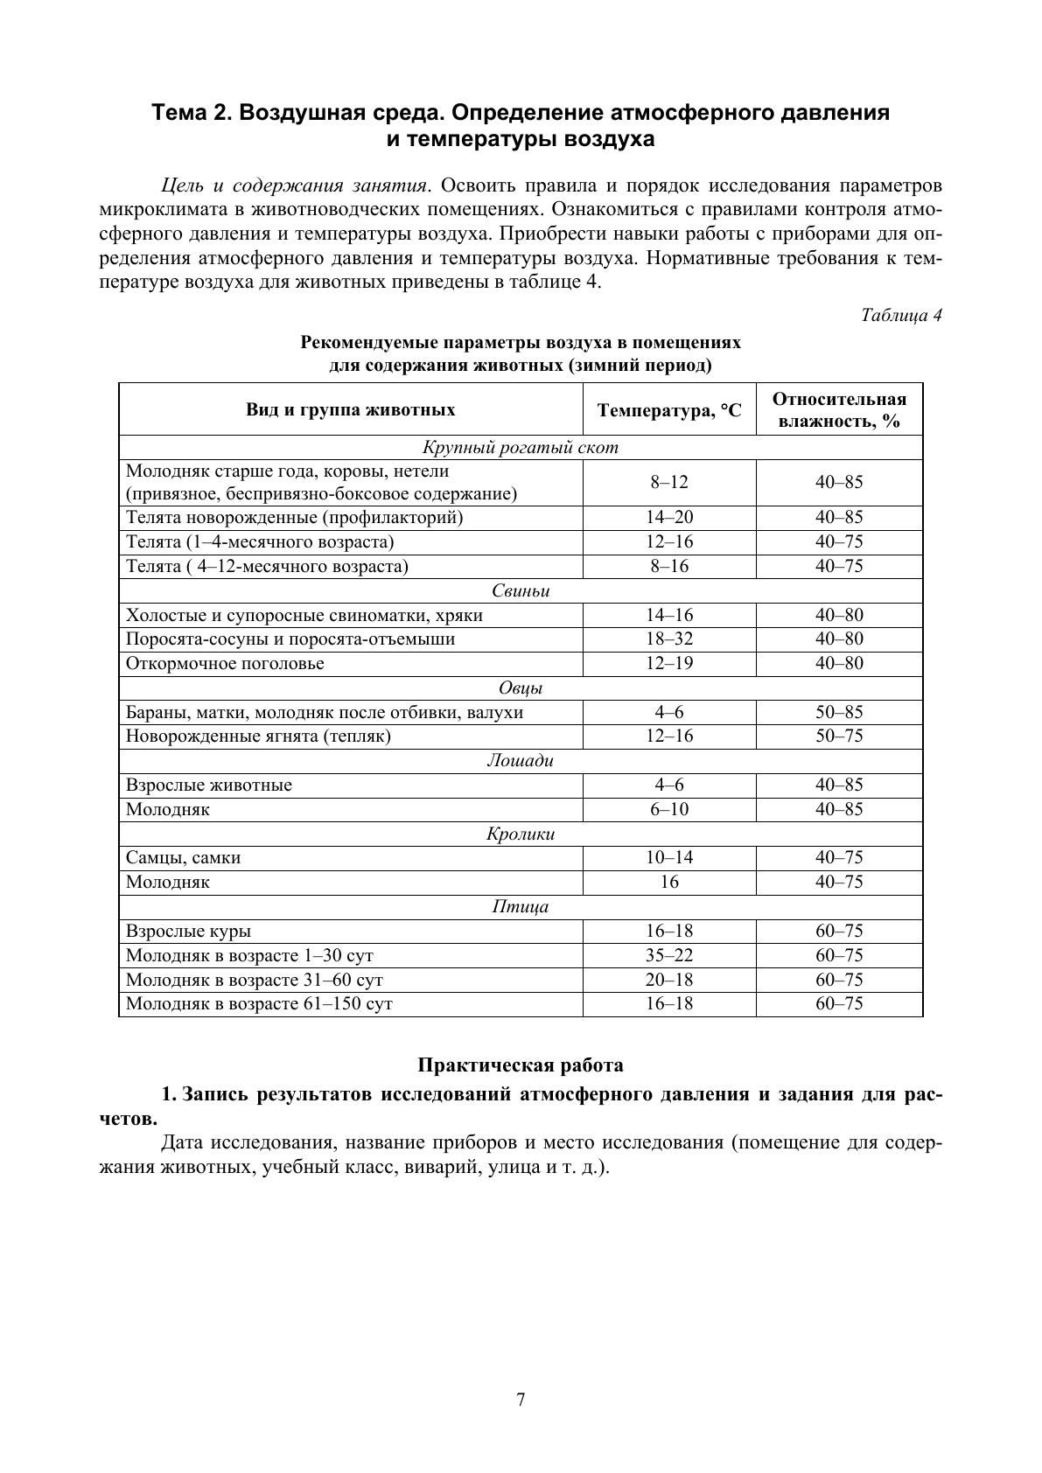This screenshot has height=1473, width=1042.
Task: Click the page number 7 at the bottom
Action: click(x=521, y=1400)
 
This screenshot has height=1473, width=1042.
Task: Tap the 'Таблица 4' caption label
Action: click(x=900, y=315)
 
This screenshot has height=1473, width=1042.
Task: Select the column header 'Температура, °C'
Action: click(x=669, y=410)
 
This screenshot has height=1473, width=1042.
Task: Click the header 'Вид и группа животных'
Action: click(x=350, y=410)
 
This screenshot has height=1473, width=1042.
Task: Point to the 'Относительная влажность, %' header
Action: click(x=839, y=410)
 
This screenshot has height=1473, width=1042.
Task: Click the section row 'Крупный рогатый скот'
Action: click(x=521, y=448)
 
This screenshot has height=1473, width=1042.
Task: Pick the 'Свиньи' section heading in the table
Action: click(x=521, y=591)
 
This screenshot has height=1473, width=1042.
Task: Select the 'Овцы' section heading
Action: click(x=521, y=688)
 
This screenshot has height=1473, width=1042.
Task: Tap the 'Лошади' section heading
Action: click(x=521, y=761)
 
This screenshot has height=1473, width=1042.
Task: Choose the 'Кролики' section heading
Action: click(x=521, y=834)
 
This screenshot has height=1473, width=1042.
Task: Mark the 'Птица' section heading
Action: click(x=521, y=907)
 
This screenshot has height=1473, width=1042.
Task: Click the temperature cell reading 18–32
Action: click(x=669, y=639)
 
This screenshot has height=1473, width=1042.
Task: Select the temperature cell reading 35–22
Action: click(x=669, y=956)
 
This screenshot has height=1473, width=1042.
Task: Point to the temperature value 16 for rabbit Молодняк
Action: click(x=669, y=883)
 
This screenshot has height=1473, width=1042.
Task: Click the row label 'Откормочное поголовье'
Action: click(x=225, y=664)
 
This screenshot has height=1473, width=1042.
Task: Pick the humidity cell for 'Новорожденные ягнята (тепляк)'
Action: click(x=839, y=736)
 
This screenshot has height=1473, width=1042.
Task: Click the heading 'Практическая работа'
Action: click(x=521, y=1065)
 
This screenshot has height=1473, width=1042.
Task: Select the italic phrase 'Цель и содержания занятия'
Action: click(x=294, y=186)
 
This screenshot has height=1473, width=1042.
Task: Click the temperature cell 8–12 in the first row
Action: click(x=669, y=482)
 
